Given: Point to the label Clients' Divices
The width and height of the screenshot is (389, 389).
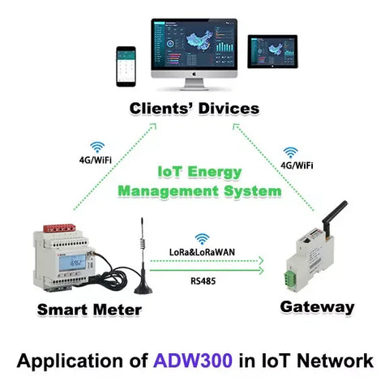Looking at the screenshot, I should click(x=195, y=107).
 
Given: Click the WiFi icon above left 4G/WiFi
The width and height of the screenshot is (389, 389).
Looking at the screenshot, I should click(x=97, y=147).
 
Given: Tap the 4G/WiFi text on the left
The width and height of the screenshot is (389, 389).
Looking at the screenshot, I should click(x=96, y=160).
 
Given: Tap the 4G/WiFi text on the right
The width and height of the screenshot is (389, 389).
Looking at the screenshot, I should click(x=297, y=165).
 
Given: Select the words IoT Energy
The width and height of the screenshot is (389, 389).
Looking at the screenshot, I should click(x=199, y=172).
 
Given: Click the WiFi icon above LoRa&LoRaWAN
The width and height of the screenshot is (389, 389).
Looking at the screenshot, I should click(x=202, y=238).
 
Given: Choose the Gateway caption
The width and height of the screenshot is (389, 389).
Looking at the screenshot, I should click(x=317, y=307).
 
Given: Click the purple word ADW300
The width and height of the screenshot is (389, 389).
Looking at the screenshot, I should click(x=203, y=360).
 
